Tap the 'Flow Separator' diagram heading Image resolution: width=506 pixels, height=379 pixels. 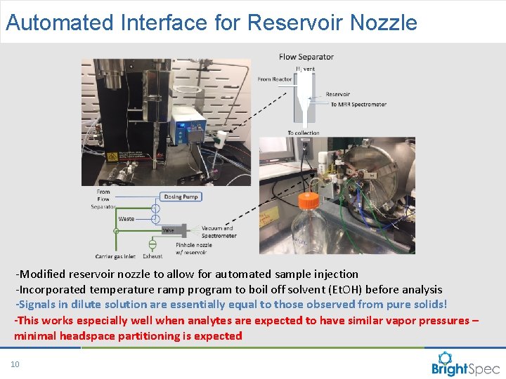click(x=306, y=57)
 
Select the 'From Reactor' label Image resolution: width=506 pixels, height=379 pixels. click(x=274, y=79)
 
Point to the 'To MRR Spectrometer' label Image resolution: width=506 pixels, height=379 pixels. click(x=358, y=105)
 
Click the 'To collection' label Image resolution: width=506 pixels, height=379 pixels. click(x=303, y=133)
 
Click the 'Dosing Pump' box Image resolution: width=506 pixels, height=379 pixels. click(x=181, y=197)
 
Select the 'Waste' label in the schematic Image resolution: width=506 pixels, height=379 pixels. click(x=126, y=219)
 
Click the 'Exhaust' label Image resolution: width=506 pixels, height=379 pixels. click(x=153, y=257)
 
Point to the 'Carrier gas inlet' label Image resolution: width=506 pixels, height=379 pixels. click(x=115, y=257)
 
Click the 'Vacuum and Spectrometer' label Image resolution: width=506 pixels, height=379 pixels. click(x=219, y=232)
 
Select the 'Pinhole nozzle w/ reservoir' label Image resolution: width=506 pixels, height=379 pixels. click(x=195, y=248)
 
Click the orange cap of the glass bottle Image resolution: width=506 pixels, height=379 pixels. click(x=308, y=201)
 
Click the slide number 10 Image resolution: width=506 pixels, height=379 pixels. click(x=15, y=364)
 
